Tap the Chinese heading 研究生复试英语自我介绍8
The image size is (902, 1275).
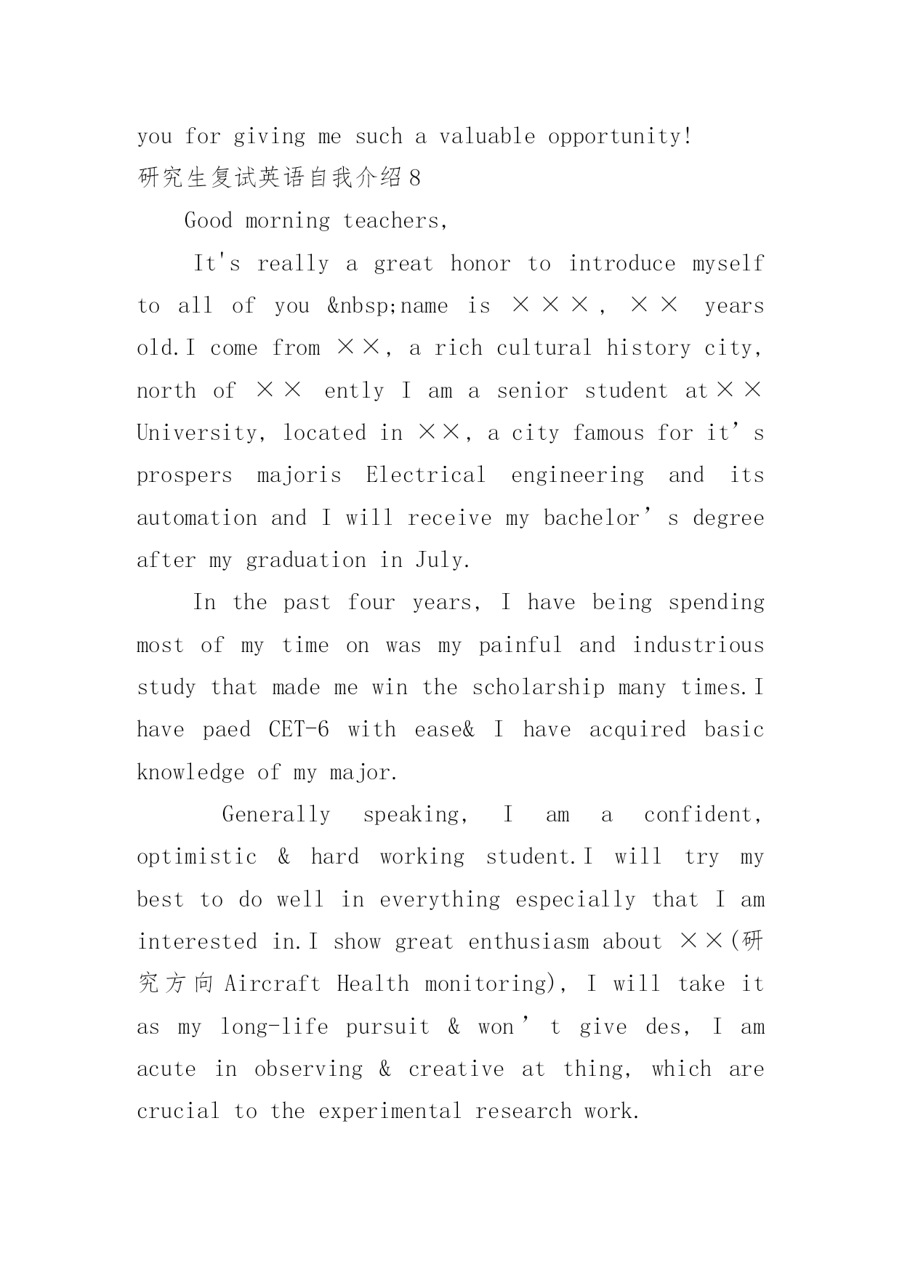[279, 178]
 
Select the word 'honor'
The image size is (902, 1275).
[480, 263]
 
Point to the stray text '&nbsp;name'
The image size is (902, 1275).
[387, 306]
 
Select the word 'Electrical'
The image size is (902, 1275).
[425, 475]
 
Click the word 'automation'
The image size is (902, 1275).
[197, 518]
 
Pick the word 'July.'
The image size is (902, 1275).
[443, 560]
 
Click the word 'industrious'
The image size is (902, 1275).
[698, 645]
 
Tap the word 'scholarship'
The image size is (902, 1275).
[538, 688]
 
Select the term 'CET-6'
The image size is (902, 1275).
[298, 730]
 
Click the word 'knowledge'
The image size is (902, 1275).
[190, 773]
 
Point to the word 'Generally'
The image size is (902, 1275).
[276, 815]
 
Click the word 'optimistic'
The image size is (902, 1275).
[197, 857]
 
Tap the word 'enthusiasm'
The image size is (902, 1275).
[528, 942]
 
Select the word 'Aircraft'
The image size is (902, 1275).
[272, 984]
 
